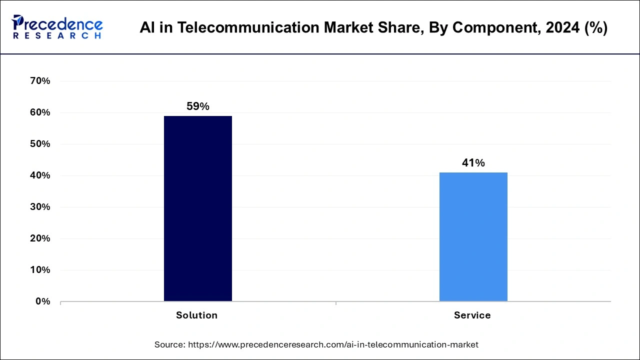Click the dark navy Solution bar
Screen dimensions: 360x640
tap(198, 208)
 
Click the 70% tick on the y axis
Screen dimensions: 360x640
tap(40, 81)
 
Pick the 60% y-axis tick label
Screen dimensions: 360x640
tap(40, 112)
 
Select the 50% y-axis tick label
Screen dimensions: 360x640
tap(40, 144)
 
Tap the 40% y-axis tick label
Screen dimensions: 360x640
tap(40, 175)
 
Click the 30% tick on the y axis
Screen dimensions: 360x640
tap(40, 207)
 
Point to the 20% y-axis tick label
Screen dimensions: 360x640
tap(40, 238)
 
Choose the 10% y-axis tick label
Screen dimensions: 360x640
tap(40, 270)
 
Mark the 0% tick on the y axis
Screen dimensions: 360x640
tap(43, 301)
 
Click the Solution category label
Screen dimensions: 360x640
tap(197, 315)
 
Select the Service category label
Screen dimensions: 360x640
tap(472, 315)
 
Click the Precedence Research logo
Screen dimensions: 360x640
tap(57, 27)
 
